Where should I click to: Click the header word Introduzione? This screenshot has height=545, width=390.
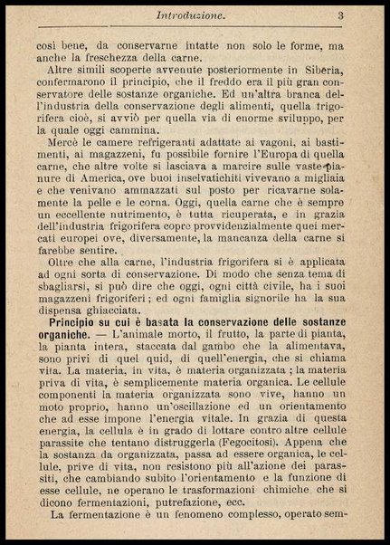[x=190, y=15]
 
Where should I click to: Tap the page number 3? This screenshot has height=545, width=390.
[x=341, y=14]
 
